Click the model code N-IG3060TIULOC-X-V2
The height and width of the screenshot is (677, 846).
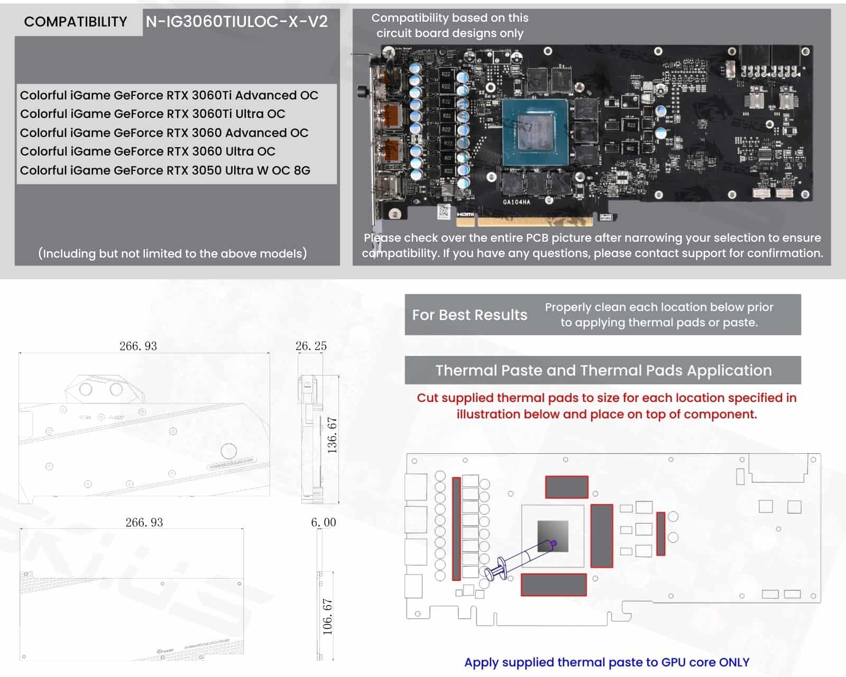(x=236, y=22)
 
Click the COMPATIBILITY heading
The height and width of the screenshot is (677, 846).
(x=76, y=22)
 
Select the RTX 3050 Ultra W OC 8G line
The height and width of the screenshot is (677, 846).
(x=165, y=170)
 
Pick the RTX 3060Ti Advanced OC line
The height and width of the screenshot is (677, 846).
(x=169, y=95)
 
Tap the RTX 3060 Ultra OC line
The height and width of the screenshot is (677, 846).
(x=148, y=151)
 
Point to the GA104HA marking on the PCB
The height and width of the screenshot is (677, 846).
(x=516, y=202)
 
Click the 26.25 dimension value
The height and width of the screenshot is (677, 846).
(x=311, y=346)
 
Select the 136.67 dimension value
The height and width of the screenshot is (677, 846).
(x=332, y=435)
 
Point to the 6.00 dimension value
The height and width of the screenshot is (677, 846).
(x=324, y=523)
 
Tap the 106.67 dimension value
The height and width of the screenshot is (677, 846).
(x=328, y=617)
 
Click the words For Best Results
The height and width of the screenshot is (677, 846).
(x=470, y=315)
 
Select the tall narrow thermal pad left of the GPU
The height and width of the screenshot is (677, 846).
(x=456, y=528)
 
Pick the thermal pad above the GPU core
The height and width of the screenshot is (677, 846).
(x=566, y=487)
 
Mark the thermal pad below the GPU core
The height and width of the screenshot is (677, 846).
(x=554, y=584)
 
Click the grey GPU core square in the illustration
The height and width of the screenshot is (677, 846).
(x=553, y=536)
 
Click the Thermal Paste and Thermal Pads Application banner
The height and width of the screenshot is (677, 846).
(x=603, y=370)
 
